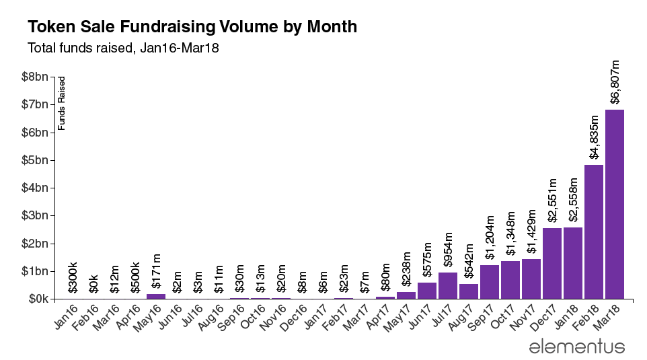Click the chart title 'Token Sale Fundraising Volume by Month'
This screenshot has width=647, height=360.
(x=192, y=27)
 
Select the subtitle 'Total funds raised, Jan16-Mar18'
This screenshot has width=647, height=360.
(x=124, y=48)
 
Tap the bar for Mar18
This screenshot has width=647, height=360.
(x=615, y=204)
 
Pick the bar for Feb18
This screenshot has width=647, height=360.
(x=594, y=231)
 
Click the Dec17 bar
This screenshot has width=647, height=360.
(x=552, y=263)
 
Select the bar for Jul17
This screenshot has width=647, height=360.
(x=448, y=285)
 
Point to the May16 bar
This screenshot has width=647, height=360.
(x=156, y=296)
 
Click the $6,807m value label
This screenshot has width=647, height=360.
(x=615, y=81)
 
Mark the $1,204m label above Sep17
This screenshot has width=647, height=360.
(x=490, y=238)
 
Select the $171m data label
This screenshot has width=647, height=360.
(x=156, y=275)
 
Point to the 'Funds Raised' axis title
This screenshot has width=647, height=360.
(x=62, y=103)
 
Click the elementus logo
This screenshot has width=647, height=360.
(x=577, y=347)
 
